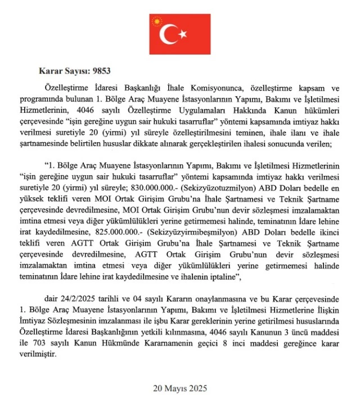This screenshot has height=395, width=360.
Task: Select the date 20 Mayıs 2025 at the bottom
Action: [179, 388]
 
